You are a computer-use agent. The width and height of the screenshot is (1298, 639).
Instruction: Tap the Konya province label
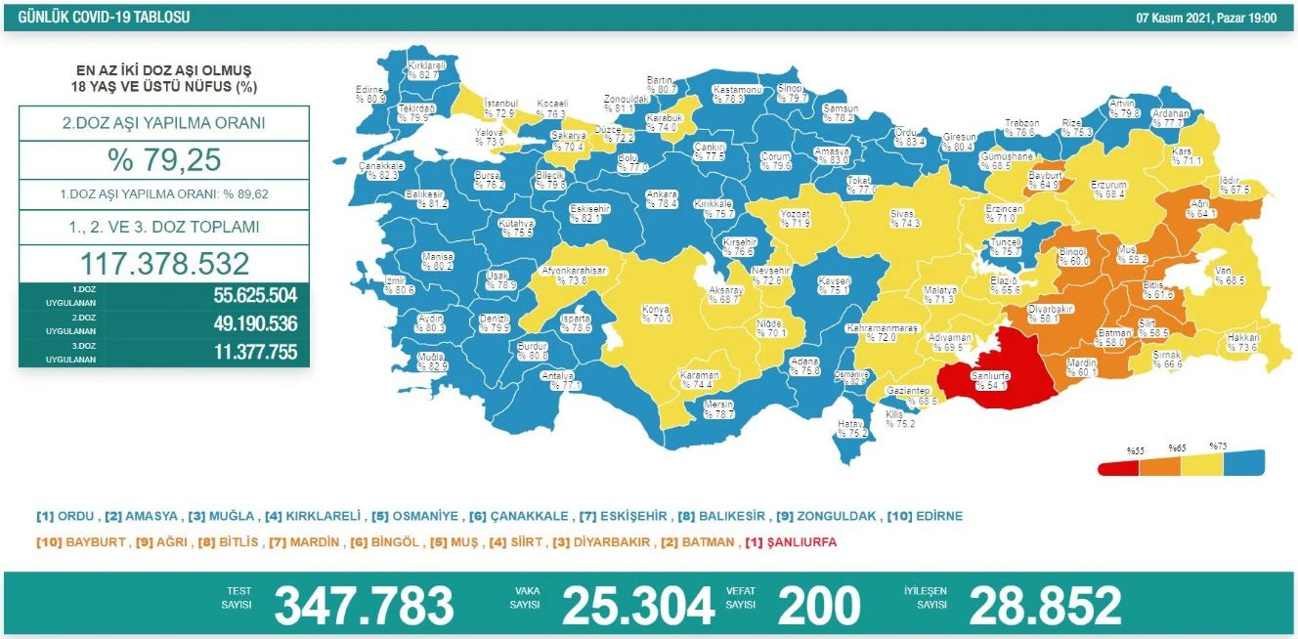tap(655, 314)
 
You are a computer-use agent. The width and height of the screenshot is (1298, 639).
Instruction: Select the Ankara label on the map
tap(662, 198)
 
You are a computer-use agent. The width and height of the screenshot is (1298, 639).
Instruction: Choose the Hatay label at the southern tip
tap(852, 428)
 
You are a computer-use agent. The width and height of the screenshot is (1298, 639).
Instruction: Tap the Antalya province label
tap(565, 380)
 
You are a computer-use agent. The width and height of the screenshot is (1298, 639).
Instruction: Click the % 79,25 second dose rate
tap(164, 159)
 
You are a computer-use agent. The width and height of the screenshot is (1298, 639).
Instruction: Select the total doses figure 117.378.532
tap(164, 264)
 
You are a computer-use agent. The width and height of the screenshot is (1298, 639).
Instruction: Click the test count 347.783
tap(364, 606)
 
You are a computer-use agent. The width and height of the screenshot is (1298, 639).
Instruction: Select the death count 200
tap(819, 606)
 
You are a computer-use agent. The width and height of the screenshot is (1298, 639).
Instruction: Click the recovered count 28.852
tap(1045, 606)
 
